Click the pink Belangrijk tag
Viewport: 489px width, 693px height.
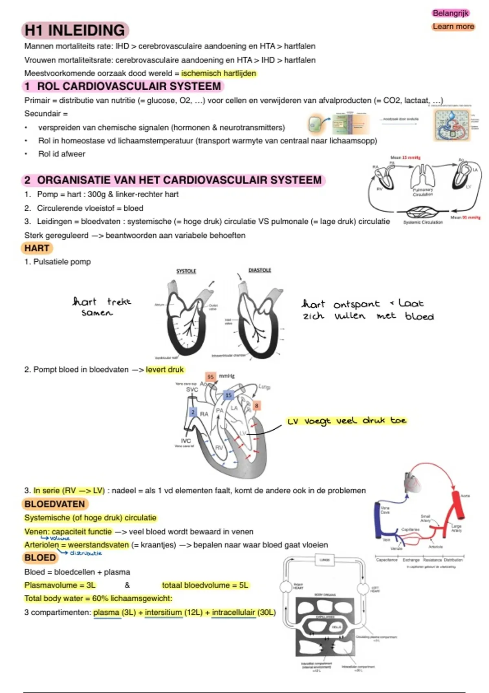450,13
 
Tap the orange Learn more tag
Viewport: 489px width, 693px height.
453,26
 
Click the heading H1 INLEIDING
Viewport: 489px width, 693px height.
75,31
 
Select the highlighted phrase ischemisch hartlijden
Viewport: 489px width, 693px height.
219,73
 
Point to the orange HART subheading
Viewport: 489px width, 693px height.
37,248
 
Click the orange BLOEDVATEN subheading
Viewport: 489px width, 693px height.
54,504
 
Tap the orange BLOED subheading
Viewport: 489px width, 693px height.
40,558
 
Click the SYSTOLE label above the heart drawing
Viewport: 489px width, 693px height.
186,271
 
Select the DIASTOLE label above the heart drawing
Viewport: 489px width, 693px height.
260,270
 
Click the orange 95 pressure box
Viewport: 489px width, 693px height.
210,377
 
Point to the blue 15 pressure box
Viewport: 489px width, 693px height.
229,395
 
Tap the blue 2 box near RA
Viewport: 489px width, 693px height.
193,412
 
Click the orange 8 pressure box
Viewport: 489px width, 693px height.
256,406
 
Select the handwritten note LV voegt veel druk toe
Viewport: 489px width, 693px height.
347,421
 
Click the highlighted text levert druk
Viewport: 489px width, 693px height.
165,370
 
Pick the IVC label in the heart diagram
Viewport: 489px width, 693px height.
186,441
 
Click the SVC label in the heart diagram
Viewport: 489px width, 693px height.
192,390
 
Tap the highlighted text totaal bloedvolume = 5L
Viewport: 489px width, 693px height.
205,585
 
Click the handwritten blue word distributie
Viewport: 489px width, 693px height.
86,553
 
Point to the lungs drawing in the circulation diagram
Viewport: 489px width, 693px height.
423,177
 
